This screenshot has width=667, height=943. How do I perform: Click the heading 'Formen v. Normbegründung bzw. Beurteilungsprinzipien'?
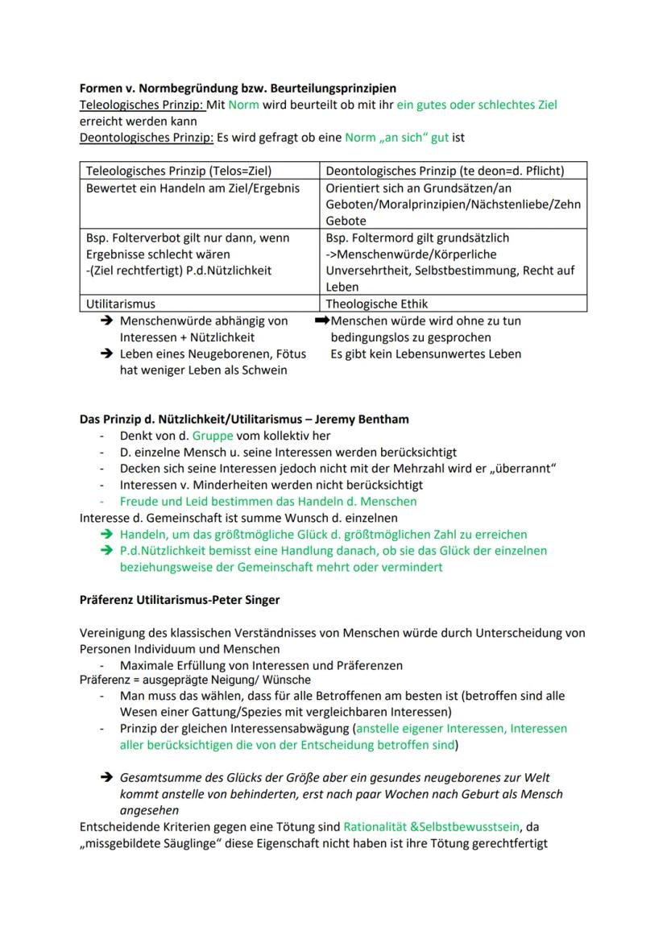coord(238,88)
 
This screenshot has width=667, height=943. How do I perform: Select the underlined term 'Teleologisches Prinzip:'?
coord(142,105)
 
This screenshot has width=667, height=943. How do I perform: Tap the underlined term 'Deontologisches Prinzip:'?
coord(146,138)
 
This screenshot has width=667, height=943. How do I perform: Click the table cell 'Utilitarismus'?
coord(121,304)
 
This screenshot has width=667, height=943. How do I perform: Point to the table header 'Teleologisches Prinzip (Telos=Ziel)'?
coord(179,171)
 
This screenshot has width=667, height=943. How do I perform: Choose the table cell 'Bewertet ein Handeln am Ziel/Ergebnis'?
coord(192,188)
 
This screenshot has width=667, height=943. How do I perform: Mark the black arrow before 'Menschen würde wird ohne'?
coord(323,321)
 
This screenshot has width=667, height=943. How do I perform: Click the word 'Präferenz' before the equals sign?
coord(106,680)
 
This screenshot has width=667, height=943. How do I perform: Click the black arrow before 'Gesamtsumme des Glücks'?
coord(106,778)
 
